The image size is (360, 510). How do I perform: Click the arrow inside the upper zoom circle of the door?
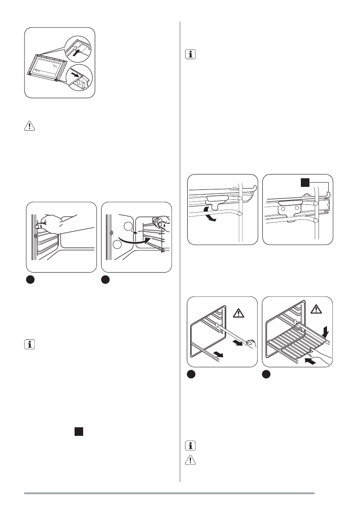pos(76,54)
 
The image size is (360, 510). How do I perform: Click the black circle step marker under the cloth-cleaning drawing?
pos(105,279)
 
